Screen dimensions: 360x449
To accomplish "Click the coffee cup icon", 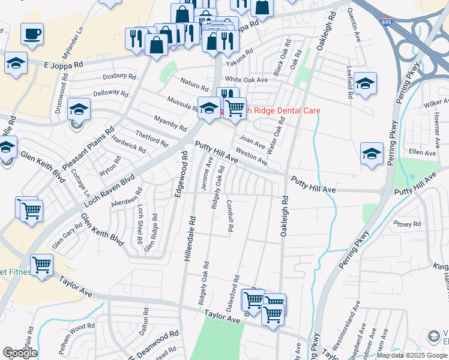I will click(32, 34).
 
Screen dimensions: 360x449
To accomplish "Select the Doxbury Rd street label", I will click(119, 76).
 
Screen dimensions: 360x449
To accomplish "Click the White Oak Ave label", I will click(246, 80).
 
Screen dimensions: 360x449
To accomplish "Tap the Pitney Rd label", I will click(408, 224).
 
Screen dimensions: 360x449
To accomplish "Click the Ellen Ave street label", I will click(421, 153).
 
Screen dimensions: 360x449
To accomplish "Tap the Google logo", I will click(20, 353).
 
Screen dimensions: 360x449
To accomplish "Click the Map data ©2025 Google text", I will click(412, 355).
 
